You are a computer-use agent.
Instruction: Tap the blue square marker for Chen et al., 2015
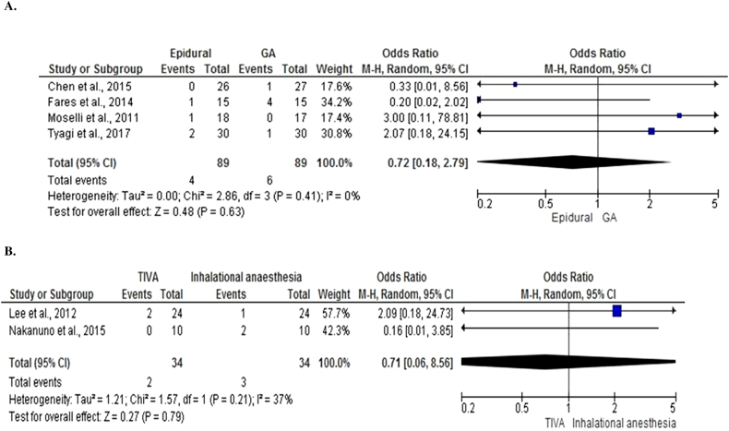tap(514, 84)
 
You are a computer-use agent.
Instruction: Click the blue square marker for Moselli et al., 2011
tap(679, 115)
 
